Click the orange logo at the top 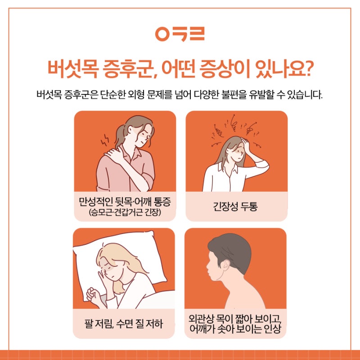[x=180, y=34]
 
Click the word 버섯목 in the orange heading [x=73, y=69]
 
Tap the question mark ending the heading [x=306, y=68]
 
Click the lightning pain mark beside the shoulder [x=105, y=139]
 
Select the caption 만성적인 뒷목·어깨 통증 [x=125, y=202]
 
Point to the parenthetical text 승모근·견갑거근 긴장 [x=125, y=212]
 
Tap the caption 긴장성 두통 [x=235, y=206]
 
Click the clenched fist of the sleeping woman [x=93, y=295]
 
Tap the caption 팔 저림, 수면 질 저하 [x=123, y=324]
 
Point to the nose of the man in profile [x=207, y=266]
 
